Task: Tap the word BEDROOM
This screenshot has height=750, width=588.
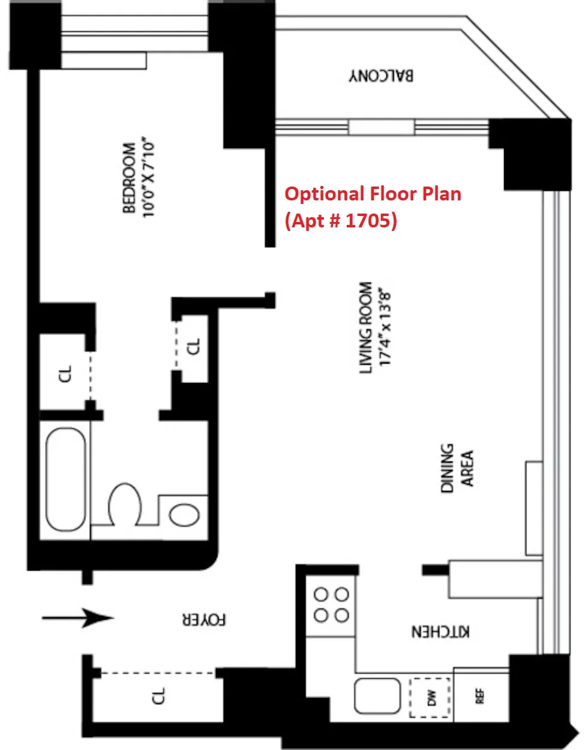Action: (x=129, y=178)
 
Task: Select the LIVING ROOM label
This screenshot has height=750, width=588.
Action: (x=365, y=328)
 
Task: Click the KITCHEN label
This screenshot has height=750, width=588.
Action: (x=440, y=632)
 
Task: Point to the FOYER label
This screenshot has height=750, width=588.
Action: (x=205, y=620)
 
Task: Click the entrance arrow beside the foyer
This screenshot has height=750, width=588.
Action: (x=78, y=617)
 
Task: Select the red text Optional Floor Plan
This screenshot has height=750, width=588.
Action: (x=373, y=194)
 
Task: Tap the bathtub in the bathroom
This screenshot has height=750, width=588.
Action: (x=66, y=479)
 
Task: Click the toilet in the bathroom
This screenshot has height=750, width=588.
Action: (x=125, y=503)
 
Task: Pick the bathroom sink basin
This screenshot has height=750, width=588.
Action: (x=184, y=515)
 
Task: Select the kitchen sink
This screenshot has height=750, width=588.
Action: (x=377, y=695)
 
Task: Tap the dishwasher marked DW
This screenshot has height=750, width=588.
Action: (x=430, y=697)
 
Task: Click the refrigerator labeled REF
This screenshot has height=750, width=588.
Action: (x=480, y=696)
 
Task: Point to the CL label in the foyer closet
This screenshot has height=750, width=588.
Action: (x=158, y=696)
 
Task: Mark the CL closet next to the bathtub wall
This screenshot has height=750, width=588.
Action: (x=66, y=374)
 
